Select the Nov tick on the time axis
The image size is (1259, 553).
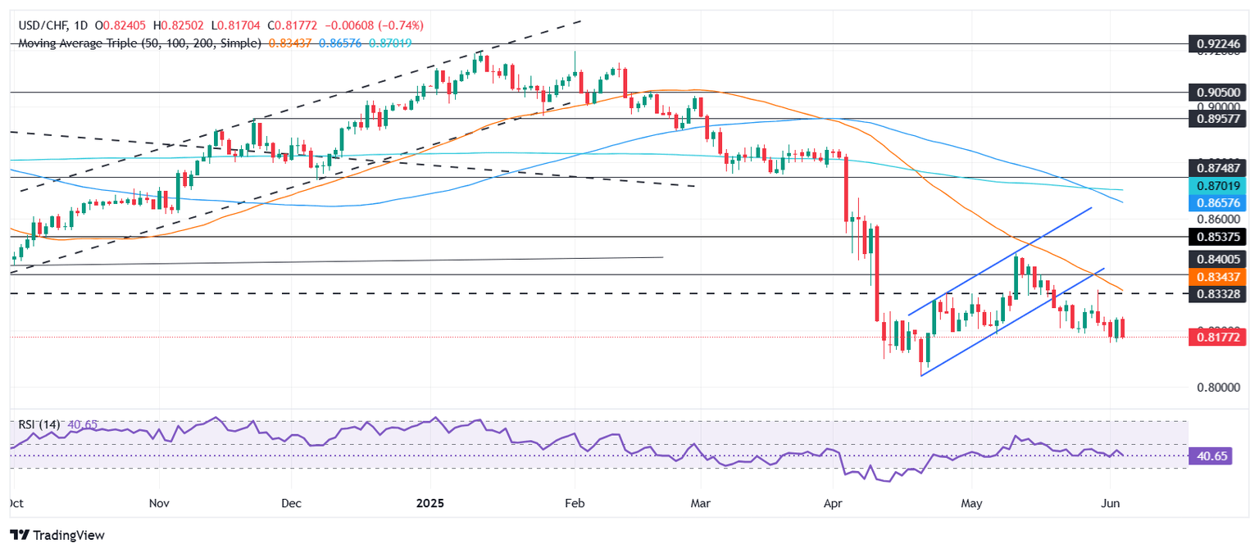coord(160,502)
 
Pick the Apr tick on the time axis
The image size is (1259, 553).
coord(833,502)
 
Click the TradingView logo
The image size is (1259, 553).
coord(57,535)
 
